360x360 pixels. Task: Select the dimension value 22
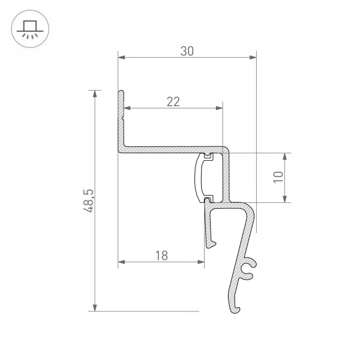coord(173,101)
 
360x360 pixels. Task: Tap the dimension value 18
coord(161,256)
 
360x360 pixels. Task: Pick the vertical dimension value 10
coord(278,177)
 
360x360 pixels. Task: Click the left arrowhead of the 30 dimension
coord(121,58)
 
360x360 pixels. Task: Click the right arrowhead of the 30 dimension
coord(253,58)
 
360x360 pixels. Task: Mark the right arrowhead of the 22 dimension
coord(219,109)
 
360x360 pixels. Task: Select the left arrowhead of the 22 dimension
coord(128,109)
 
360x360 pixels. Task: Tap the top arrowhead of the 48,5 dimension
coord(95,94)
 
